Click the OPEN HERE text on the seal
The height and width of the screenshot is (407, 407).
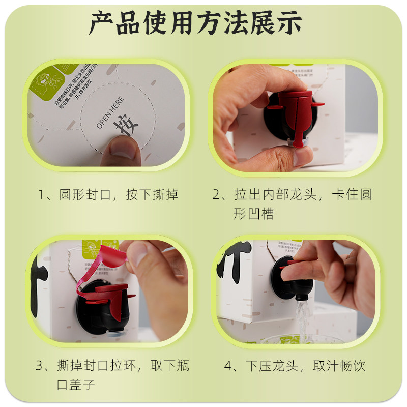coord(108,109)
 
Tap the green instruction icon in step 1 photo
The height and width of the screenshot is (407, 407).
coord(43,81)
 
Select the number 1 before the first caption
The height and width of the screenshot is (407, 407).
coord(43,195)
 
